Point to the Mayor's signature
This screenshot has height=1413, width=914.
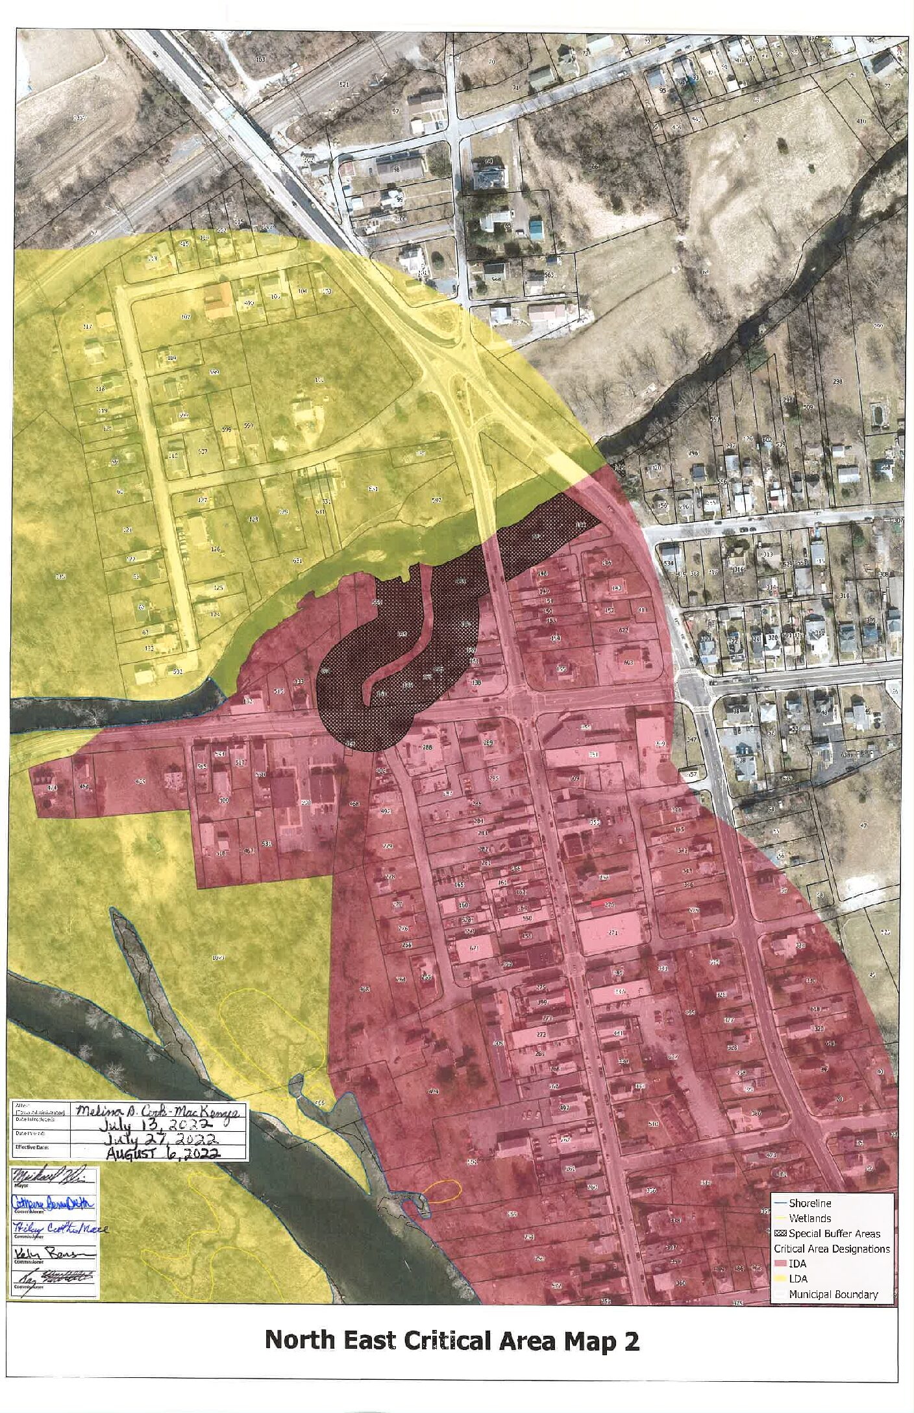pyautogui.click(x=52, y=1177)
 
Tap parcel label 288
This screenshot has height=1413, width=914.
pyautogui.click(x=428, y=747)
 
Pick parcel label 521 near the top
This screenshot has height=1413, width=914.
pyautogui.click(x=344, y=85)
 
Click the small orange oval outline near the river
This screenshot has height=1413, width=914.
pyautogui.click(x=444, y=1190)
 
